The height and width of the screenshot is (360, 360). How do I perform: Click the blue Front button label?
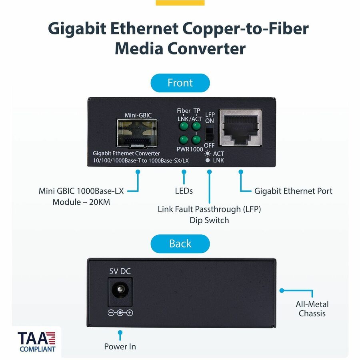point(180,83)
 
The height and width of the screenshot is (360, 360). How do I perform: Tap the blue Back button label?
point(180,244)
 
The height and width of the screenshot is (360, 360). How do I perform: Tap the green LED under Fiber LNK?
point(184,126)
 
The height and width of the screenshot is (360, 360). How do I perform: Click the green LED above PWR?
point(184,140)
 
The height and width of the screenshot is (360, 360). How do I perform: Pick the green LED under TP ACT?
point(196,126)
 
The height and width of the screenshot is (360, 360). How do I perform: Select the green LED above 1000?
point(196,140)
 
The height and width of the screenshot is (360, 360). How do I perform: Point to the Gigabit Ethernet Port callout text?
point(293,191)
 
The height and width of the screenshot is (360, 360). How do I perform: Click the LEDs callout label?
point(184,191)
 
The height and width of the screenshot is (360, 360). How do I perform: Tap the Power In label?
point(120,346)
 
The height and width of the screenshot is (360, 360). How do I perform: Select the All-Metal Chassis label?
point(312,309)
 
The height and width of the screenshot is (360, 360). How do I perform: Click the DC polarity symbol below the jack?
point(120,313)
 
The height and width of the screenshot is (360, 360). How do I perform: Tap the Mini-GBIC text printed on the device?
point(138,115)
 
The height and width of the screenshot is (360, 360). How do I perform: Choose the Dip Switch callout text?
point(209,220)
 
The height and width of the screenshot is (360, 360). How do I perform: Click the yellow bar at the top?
point(180,3)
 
